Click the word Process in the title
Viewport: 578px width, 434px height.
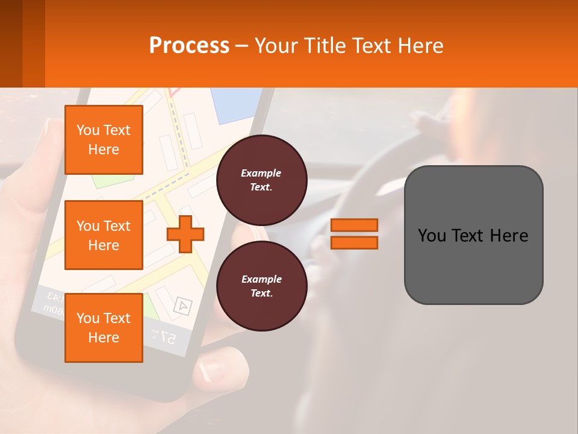189,45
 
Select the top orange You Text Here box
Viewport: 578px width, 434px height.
104,140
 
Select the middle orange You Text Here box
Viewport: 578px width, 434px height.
104,235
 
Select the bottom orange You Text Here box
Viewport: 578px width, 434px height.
104,327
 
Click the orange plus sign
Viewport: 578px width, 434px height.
185,234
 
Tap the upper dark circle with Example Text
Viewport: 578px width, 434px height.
261,180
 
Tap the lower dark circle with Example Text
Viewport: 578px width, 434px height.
261,286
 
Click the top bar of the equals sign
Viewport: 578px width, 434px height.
355,225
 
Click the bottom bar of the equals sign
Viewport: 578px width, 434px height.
355,242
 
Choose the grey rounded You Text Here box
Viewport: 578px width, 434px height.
473,235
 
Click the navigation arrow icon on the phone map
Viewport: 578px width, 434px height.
182,306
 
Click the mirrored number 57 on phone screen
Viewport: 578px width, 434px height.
169,338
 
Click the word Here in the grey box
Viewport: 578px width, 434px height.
509,236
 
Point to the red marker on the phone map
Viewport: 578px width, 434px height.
175,92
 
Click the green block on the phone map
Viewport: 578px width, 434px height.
153,307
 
